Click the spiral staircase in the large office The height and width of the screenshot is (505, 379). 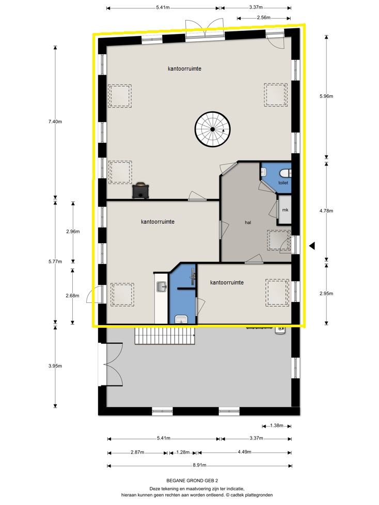click(x=212, y=129)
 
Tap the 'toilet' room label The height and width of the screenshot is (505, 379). click(x=283, y=182)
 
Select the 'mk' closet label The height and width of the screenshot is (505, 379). click(x=285, y=210)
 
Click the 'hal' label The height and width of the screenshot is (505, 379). click(x=248, y=222)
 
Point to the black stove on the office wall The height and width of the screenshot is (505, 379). click(x=141, y=191)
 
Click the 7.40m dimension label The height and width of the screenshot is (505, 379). click(x=55, y=122)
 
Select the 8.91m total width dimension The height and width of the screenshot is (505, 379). click(x=199, y=465)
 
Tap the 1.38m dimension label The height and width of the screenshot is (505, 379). click(x=276, y=426)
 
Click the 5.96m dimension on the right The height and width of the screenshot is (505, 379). click(x=326, y=96)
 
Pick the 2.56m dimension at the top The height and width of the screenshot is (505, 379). click(x=264, y=18)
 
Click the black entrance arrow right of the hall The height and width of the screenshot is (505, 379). click(x=312, y=246)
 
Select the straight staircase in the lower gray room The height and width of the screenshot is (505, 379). click(x=165, y=335)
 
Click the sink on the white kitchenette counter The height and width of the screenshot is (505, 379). click(x=161, y=287)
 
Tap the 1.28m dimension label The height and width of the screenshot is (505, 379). click(x=183, y=452)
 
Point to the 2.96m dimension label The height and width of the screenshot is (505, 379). click(x=73, y=231)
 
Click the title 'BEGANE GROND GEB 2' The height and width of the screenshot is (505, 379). click(x=192, y=480)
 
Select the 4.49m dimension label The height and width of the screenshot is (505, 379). click(x=244, y=452)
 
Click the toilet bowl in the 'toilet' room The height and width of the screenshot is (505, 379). click(x=285, y=174)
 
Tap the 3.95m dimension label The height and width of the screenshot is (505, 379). click(x=55, y=366)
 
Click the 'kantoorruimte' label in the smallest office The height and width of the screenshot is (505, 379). click(x=227, y=282)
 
